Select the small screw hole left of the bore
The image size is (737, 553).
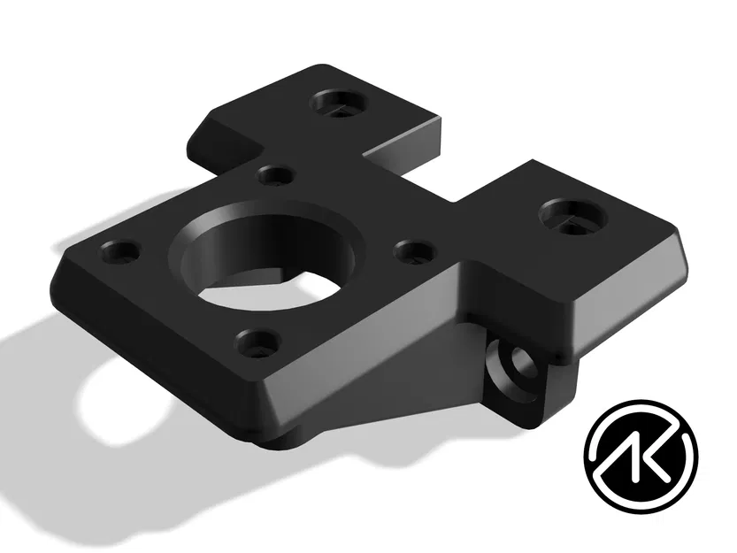[x=120, y=252]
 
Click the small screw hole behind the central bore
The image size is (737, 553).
[x=276, y=175]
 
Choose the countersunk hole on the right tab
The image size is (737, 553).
[x=572, y=215]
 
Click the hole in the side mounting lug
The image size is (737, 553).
[x=519, y=364]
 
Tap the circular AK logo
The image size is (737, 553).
[x=641, y=456]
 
